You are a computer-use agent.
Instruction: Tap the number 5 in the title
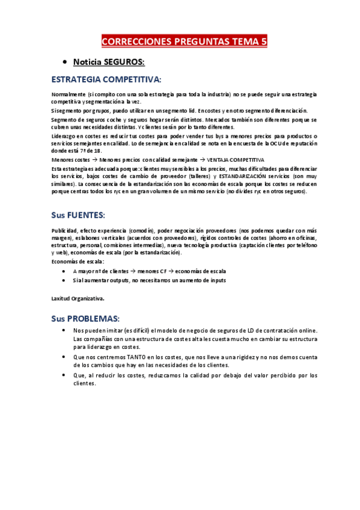pos(263,41)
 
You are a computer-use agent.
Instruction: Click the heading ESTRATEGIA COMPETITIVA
pos(106,79)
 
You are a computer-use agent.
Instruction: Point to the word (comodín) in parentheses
pos(142,230)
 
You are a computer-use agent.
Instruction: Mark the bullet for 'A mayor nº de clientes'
pos(64,271)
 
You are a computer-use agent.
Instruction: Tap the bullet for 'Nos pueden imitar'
pos(64,331)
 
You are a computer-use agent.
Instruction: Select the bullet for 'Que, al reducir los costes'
pos(64,375)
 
